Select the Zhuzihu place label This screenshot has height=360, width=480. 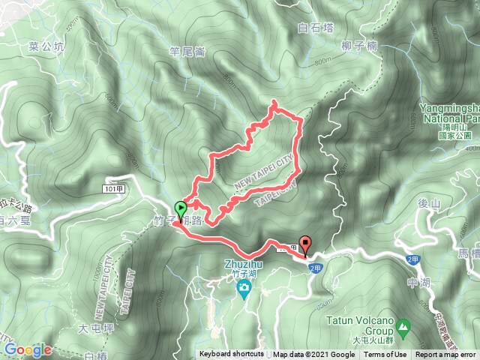point(241,265)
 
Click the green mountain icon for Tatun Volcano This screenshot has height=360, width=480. point(403,328)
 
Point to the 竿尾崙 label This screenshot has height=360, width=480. point(187,52)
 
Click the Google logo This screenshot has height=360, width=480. point(27,349)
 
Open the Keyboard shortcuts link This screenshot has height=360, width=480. point(231,355)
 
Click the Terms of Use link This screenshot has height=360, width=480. point(385,355)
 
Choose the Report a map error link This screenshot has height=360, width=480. point(445,355)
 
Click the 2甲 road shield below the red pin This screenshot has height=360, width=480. point(315,268)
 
